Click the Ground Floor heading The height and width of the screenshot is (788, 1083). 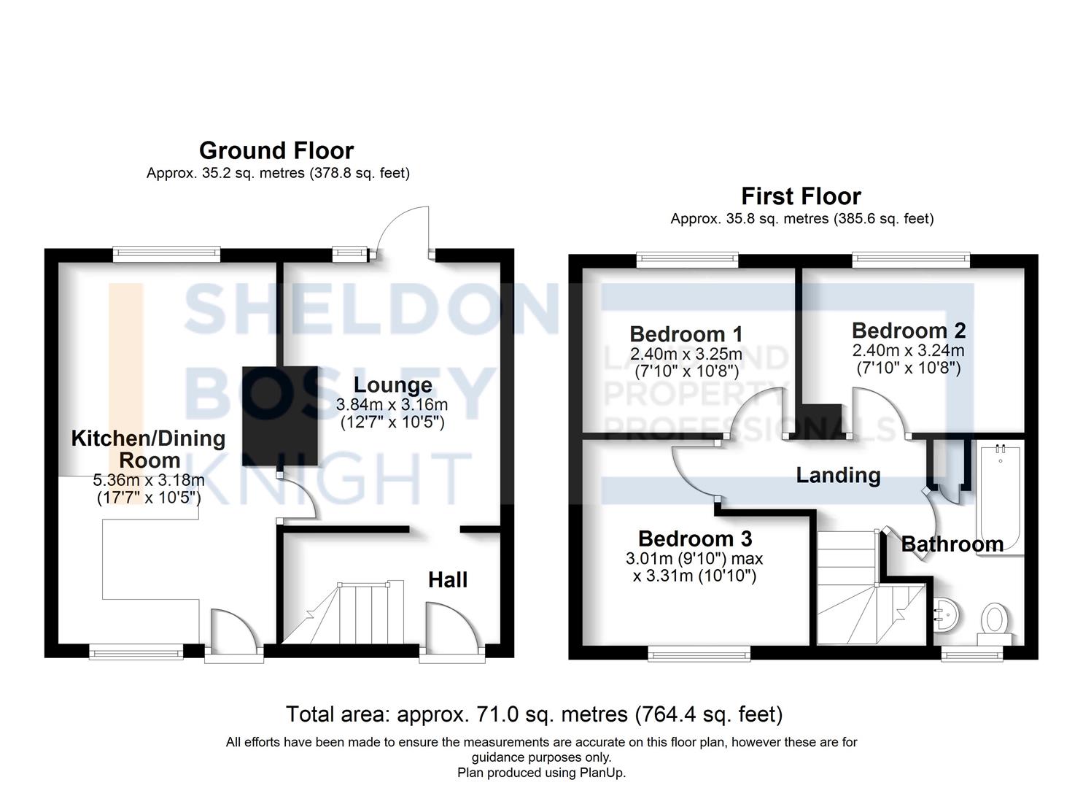pyautogui.click(x=276, y=150)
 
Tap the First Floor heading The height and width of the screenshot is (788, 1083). pyautogui.click(x=801, y=196)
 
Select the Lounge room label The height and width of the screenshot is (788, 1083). pyautogui.click(x=392, y=385)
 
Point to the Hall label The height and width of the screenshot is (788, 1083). pyautogui.click(x=448, y=580)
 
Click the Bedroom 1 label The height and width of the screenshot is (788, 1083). pyautogui.click(x=686, y=334)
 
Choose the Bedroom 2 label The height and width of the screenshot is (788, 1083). pyautogui.click(x=909, y=331)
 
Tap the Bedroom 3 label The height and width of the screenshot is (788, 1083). pyautogui.click(x=695, y=539)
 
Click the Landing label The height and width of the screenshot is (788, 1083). pyautogui.click(x=839, y=476)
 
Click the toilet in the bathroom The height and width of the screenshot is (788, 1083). pyautogui.click(x=995, y=624)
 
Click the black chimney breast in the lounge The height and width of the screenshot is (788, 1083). pyautogui.click(x=280, y=417)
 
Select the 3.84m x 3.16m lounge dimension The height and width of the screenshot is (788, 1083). pyautogui.click(x=392, y=404)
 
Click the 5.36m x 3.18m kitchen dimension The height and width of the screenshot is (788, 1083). pyautogui.click(x=149, y=480)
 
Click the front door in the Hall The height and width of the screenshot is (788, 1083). pyautogui.click(x=452, y=632)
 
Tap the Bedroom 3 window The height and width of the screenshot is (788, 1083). pyautogui.click(x=699, y=656)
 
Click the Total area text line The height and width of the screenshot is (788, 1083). pyautogui.click(x=535, y=714)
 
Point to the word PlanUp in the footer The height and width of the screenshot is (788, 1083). pyautogui.click(x=605, y=773)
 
